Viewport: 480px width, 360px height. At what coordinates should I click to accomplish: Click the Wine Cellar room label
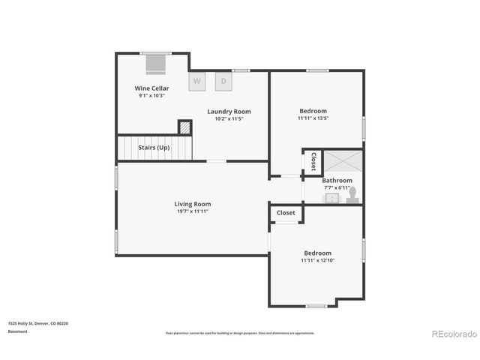tap(151, 88)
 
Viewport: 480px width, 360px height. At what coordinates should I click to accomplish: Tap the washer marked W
tap(197, 81)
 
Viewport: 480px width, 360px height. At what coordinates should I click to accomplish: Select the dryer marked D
tap(223, 81)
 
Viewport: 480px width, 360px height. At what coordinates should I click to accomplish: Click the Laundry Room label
tap(229, 112)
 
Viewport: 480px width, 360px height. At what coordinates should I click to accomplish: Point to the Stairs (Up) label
tap(154, 148)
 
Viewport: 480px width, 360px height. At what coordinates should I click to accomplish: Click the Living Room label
tap(192, 204)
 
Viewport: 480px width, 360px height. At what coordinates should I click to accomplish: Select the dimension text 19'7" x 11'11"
tap(192, 211)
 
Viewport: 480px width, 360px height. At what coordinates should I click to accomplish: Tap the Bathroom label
tap(337, 181)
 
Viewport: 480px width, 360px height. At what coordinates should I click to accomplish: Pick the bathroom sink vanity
tap(331, 198)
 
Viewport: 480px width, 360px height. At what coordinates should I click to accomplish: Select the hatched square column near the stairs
tap(184, 127)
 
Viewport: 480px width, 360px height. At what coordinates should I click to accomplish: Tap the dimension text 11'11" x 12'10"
tap(317, 261)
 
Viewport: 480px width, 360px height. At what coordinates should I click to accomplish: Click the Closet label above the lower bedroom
tap(286, 213)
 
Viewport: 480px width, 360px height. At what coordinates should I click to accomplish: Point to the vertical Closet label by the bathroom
tap(313, 162)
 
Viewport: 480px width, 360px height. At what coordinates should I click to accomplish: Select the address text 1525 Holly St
tap(38, 323)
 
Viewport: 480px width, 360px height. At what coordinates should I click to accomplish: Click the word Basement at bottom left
tap(18, 331)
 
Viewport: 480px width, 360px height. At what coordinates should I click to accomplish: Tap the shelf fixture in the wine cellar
tap(156, 64)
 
